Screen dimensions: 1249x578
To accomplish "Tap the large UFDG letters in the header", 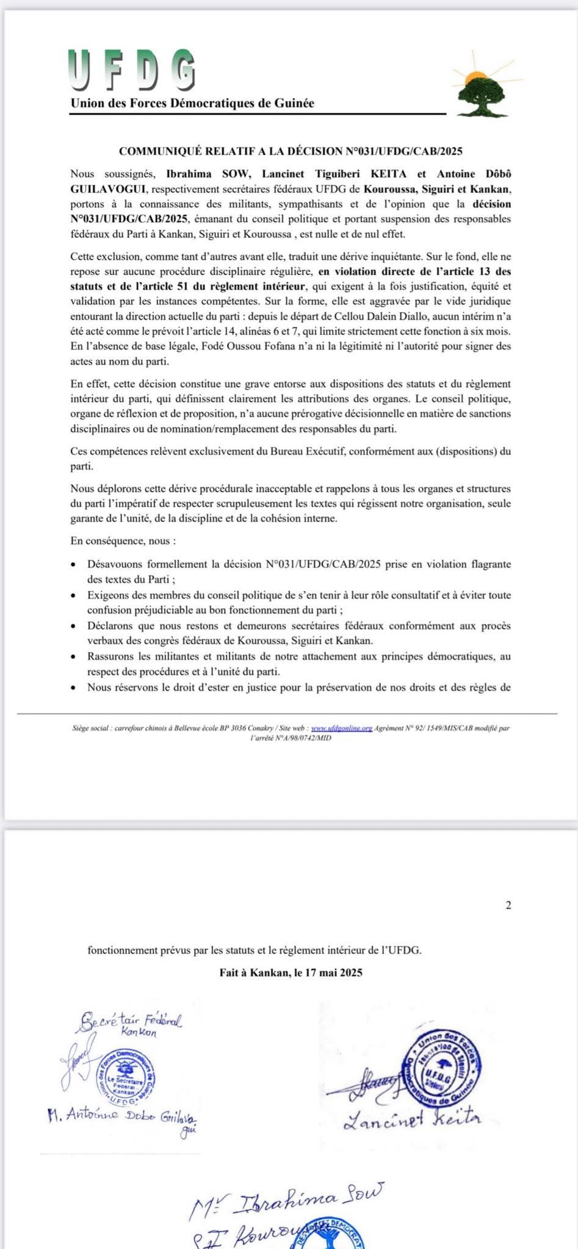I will pos(132,71).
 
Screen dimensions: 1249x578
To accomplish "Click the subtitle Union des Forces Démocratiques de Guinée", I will pos(192,103).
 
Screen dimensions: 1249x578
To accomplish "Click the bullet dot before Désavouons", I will pos(74,565).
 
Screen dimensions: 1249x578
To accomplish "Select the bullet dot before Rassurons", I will pos(74,657).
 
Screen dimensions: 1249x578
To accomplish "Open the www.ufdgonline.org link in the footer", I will pos(341,728).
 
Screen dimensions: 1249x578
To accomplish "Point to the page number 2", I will pos(508,905).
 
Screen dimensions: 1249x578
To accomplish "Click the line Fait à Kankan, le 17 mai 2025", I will pos(291,972).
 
